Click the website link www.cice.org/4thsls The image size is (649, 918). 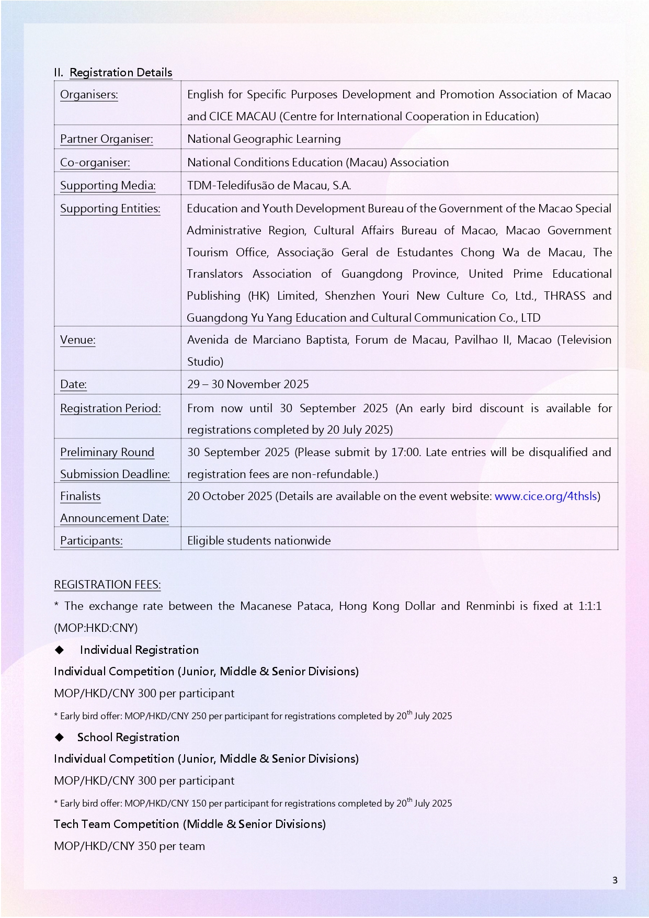pyautogui.click(x=545, y=496)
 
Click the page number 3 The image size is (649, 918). pyautogui.click(x=615, y=880)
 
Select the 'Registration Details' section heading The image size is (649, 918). pyautogui.click(x=121, y=73)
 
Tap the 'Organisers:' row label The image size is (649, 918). pyautogui.click(x=89, y=95)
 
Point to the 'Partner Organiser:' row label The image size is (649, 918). pyautogui.click(x=107, y=139)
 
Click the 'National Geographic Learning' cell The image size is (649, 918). pyautogui.click(x=264, y=139)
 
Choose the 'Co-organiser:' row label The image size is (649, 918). pyautogui.click(x=95, y=163)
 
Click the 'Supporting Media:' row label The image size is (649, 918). pyautogui.click(x=108, y=186)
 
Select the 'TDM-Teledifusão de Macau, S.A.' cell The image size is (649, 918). pyautogui.click(x=269, y=186)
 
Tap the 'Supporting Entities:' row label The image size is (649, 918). pyautogui.click(x=110, y=209)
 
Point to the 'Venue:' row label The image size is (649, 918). pyautogui.click(x=78, y=340)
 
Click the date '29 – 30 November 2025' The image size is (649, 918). pyautogui.click(x=248, y=384)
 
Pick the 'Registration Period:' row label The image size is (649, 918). pyautogui.click(x=110, y=409)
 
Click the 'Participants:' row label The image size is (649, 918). pyautogui.click(x=92, y=541)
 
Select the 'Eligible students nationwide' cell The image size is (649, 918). pyautogui.click(x=259, y=541)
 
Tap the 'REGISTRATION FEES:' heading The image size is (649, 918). pyautogui.click(x=107, y=585)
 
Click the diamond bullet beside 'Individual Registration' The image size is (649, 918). pyautogui.click(x=60, y=650)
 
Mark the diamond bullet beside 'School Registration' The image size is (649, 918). pyautogui.click(x=60, y=737)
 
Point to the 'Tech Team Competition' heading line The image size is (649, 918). pyautogui.click(x=190, y=824)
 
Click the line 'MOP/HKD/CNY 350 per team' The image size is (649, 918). pyautogui.click(x=129, y=846)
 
